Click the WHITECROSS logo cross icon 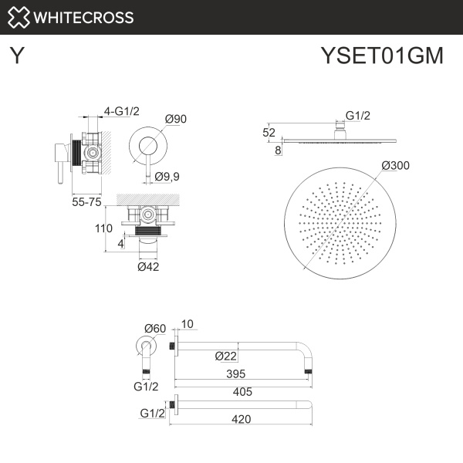21,17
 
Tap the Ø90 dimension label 177,119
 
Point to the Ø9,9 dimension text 167,177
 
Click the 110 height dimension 103,228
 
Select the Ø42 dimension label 148,266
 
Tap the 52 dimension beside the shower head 269,132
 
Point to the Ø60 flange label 155,328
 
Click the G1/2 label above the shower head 358,116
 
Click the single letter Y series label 15,56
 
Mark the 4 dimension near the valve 121,243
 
